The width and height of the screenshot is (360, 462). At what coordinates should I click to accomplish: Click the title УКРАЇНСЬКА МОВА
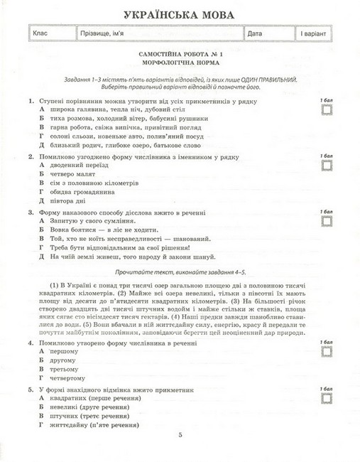pyautogui.click(x=180, y=14)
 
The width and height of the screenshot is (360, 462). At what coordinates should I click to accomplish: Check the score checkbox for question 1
pyautogui.click(x=327, y=109)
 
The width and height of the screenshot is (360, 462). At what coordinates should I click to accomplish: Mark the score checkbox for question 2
pyautogui.click(x=327, y=164)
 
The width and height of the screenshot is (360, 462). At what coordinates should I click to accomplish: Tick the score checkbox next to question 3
pyautogui.click(x=327, y=220)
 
